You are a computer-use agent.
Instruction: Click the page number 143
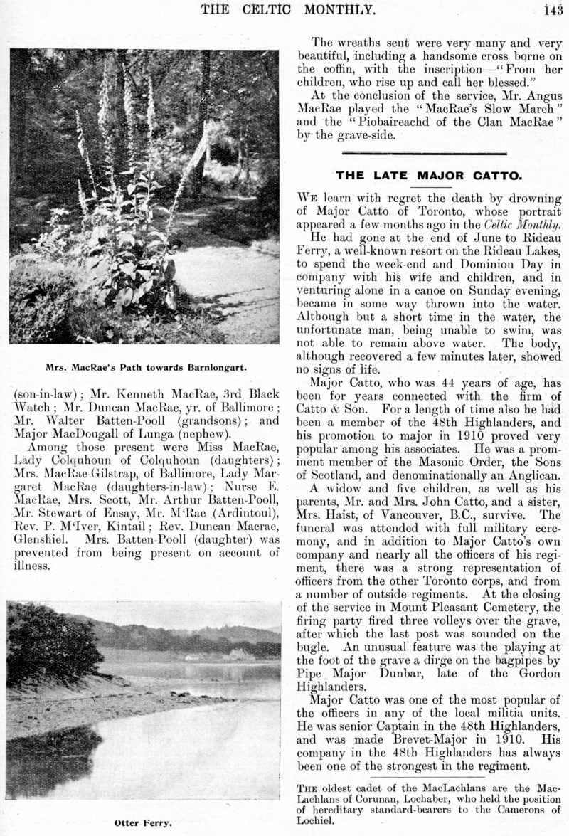click(x=552, y=9)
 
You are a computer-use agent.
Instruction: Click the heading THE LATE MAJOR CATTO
click(x=429, y=175)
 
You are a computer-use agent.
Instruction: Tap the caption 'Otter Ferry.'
click(x=144, y=823)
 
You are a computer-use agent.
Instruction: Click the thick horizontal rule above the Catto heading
click(x=425, y=153)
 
